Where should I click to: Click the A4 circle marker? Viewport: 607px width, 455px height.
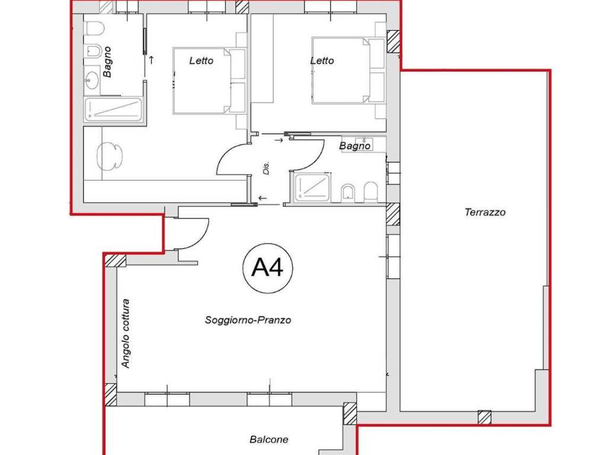267,268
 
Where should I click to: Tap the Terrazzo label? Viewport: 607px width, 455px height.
485,212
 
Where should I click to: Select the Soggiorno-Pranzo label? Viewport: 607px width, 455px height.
248,320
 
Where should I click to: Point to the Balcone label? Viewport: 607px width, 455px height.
269,439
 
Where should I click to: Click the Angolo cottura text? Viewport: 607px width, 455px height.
126,333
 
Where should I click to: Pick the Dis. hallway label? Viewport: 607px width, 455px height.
266,168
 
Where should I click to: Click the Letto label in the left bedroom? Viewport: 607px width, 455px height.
202,61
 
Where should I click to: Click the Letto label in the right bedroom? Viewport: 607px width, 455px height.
322,61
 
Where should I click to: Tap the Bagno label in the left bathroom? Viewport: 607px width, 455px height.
107,62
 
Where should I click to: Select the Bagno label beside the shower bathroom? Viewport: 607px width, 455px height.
354,146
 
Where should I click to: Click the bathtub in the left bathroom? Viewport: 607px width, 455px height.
113,109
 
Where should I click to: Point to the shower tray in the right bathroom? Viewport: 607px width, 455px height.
312,188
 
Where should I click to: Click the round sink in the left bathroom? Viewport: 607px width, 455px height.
92,81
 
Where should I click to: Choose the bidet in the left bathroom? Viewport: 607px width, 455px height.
93,51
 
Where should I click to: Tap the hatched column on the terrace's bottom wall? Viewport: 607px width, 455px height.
484,417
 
